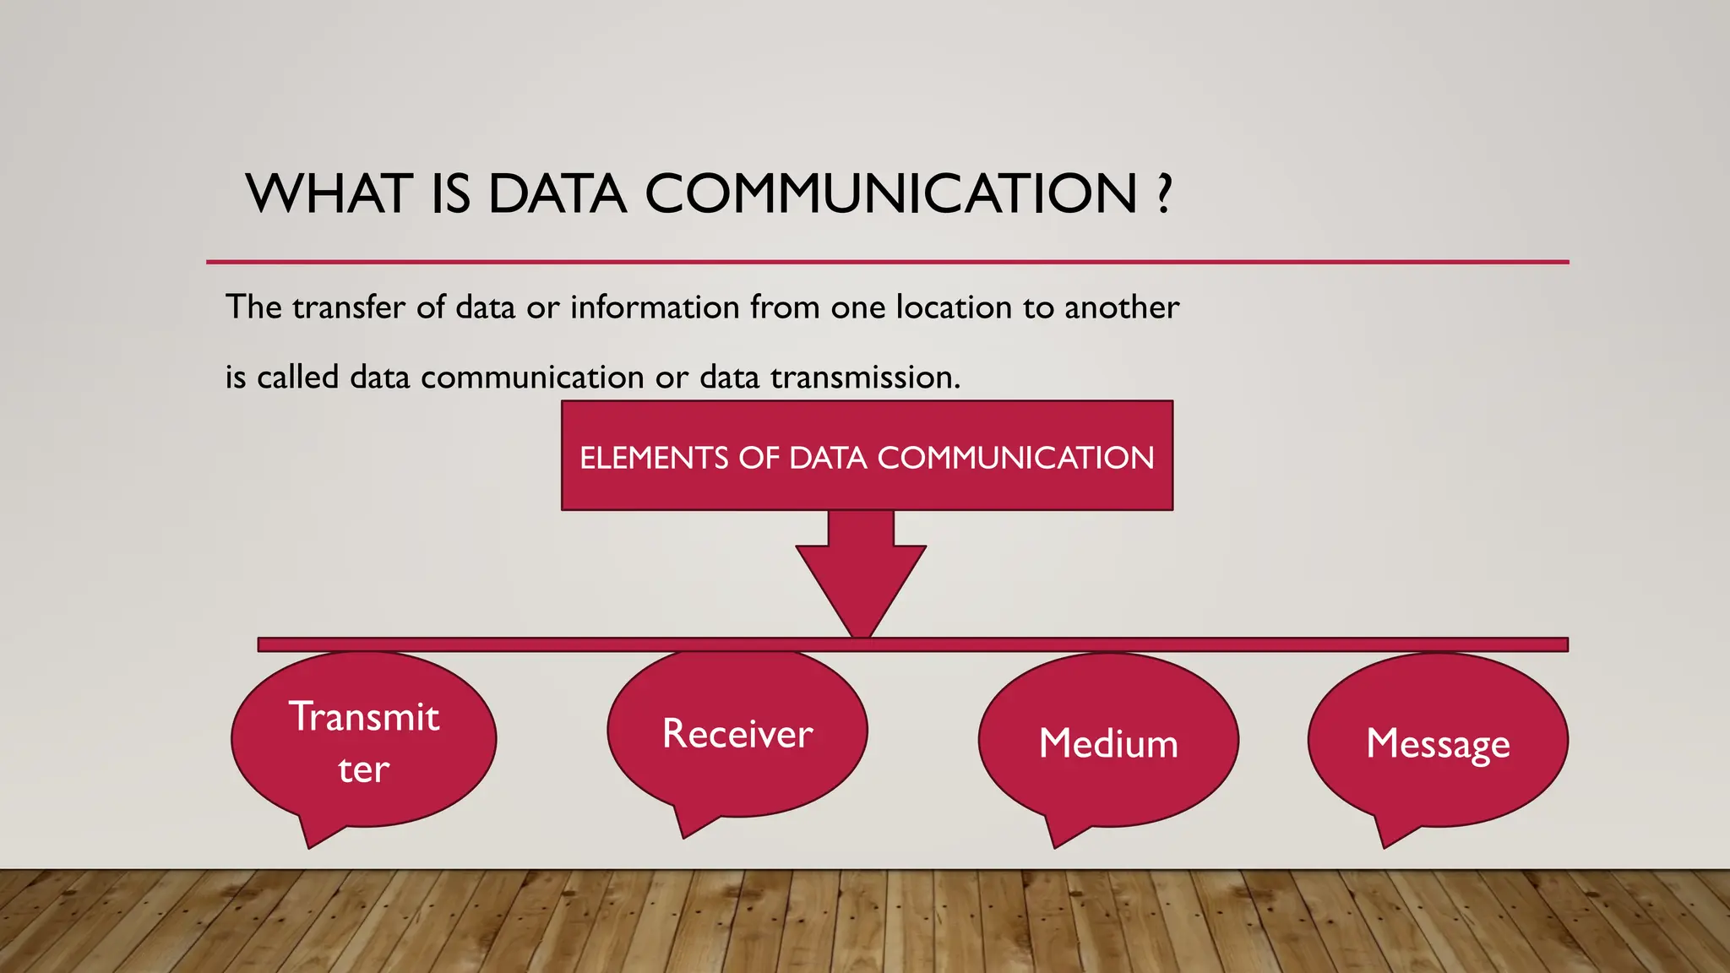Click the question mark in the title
1165,194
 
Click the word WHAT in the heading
328,194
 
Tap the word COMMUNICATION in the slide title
891,194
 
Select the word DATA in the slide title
558,194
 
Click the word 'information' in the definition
655,307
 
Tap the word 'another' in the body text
1121,307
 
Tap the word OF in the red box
758,458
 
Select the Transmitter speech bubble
364,740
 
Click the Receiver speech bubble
737,733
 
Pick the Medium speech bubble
1108,742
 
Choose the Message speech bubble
1438,742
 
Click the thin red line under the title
887,262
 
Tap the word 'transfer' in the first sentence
349,307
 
